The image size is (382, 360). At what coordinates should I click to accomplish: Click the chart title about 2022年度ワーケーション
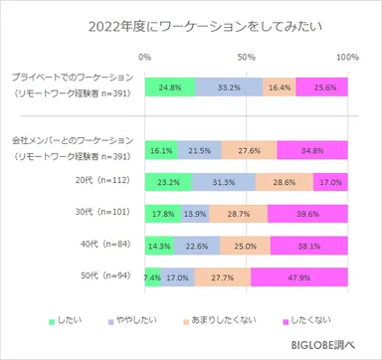190,27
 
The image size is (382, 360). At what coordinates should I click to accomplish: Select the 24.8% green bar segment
170,87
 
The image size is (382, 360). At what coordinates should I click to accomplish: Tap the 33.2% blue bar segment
229,87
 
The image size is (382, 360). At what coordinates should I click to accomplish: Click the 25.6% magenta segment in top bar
321,87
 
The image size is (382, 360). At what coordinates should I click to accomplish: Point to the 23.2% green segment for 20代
168,183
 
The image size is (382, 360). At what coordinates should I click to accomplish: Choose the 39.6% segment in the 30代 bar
307,214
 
